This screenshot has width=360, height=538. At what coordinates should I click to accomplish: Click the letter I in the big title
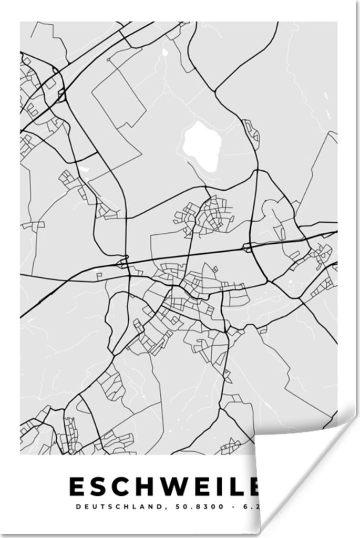pyautogui.click(x=235, y=487)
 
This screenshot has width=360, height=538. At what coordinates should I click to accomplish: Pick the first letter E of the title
pyautogui.click(x=77, y=487)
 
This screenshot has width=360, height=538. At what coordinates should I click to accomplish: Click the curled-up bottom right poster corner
pyautogui.click(x=294, y=473)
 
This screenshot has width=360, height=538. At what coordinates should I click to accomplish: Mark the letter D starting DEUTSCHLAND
pyautogui.click(x=79, y=507)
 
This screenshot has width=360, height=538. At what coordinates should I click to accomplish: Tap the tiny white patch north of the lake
pyautogui.click(x=164, y=51)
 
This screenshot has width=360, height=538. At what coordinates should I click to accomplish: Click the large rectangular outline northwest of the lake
pyautogui.click(x=118, y=97)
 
